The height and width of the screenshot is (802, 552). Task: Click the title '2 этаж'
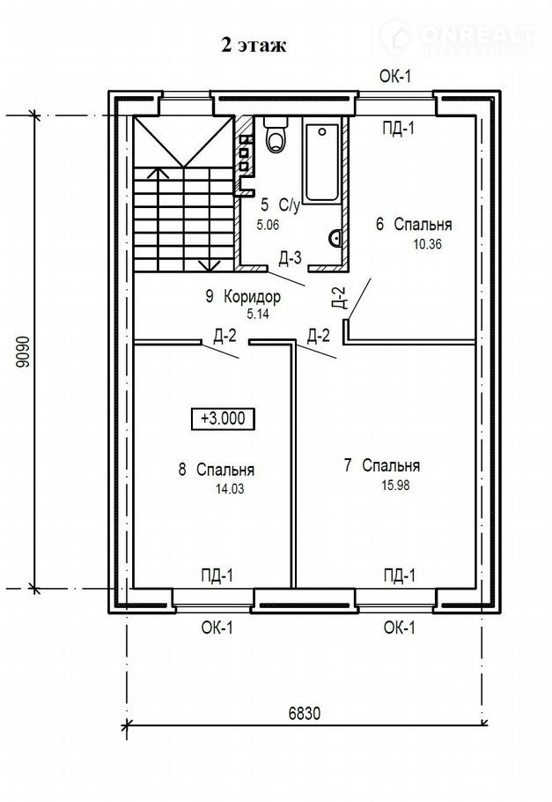(254, 46)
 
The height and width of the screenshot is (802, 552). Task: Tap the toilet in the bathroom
(276, 133)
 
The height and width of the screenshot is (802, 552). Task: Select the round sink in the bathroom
(335, 238)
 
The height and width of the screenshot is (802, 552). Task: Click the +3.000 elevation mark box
(223, 419)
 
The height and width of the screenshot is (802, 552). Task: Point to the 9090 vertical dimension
(22, 352)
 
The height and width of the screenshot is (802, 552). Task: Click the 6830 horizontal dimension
(304, 712)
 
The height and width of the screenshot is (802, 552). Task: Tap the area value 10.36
(427, 244)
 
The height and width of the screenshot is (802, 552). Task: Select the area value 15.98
(395, 485)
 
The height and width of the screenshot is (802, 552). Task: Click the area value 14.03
(230, 489)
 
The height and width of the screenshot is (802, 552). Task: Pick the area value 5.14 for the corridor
(258, 314)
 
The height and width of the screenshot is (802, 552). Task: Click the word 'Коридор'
(253, 297)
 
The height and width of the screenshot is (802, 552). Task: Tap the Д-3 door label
(290, 259)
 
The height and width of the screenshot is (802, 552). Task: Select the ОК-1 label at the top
(395, 77)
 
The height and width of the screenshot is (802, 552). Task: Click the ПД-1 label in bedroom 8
(217, 576)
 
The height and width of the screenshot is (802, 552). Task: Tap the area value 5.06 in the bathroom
(269, 224)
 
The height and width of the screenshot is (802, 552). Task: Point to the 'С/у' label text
(289, 205)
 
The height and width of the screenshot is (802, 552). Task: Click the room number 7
(348, 465)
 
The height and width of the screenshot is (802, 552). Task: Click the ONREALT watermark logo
(458, 37)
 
